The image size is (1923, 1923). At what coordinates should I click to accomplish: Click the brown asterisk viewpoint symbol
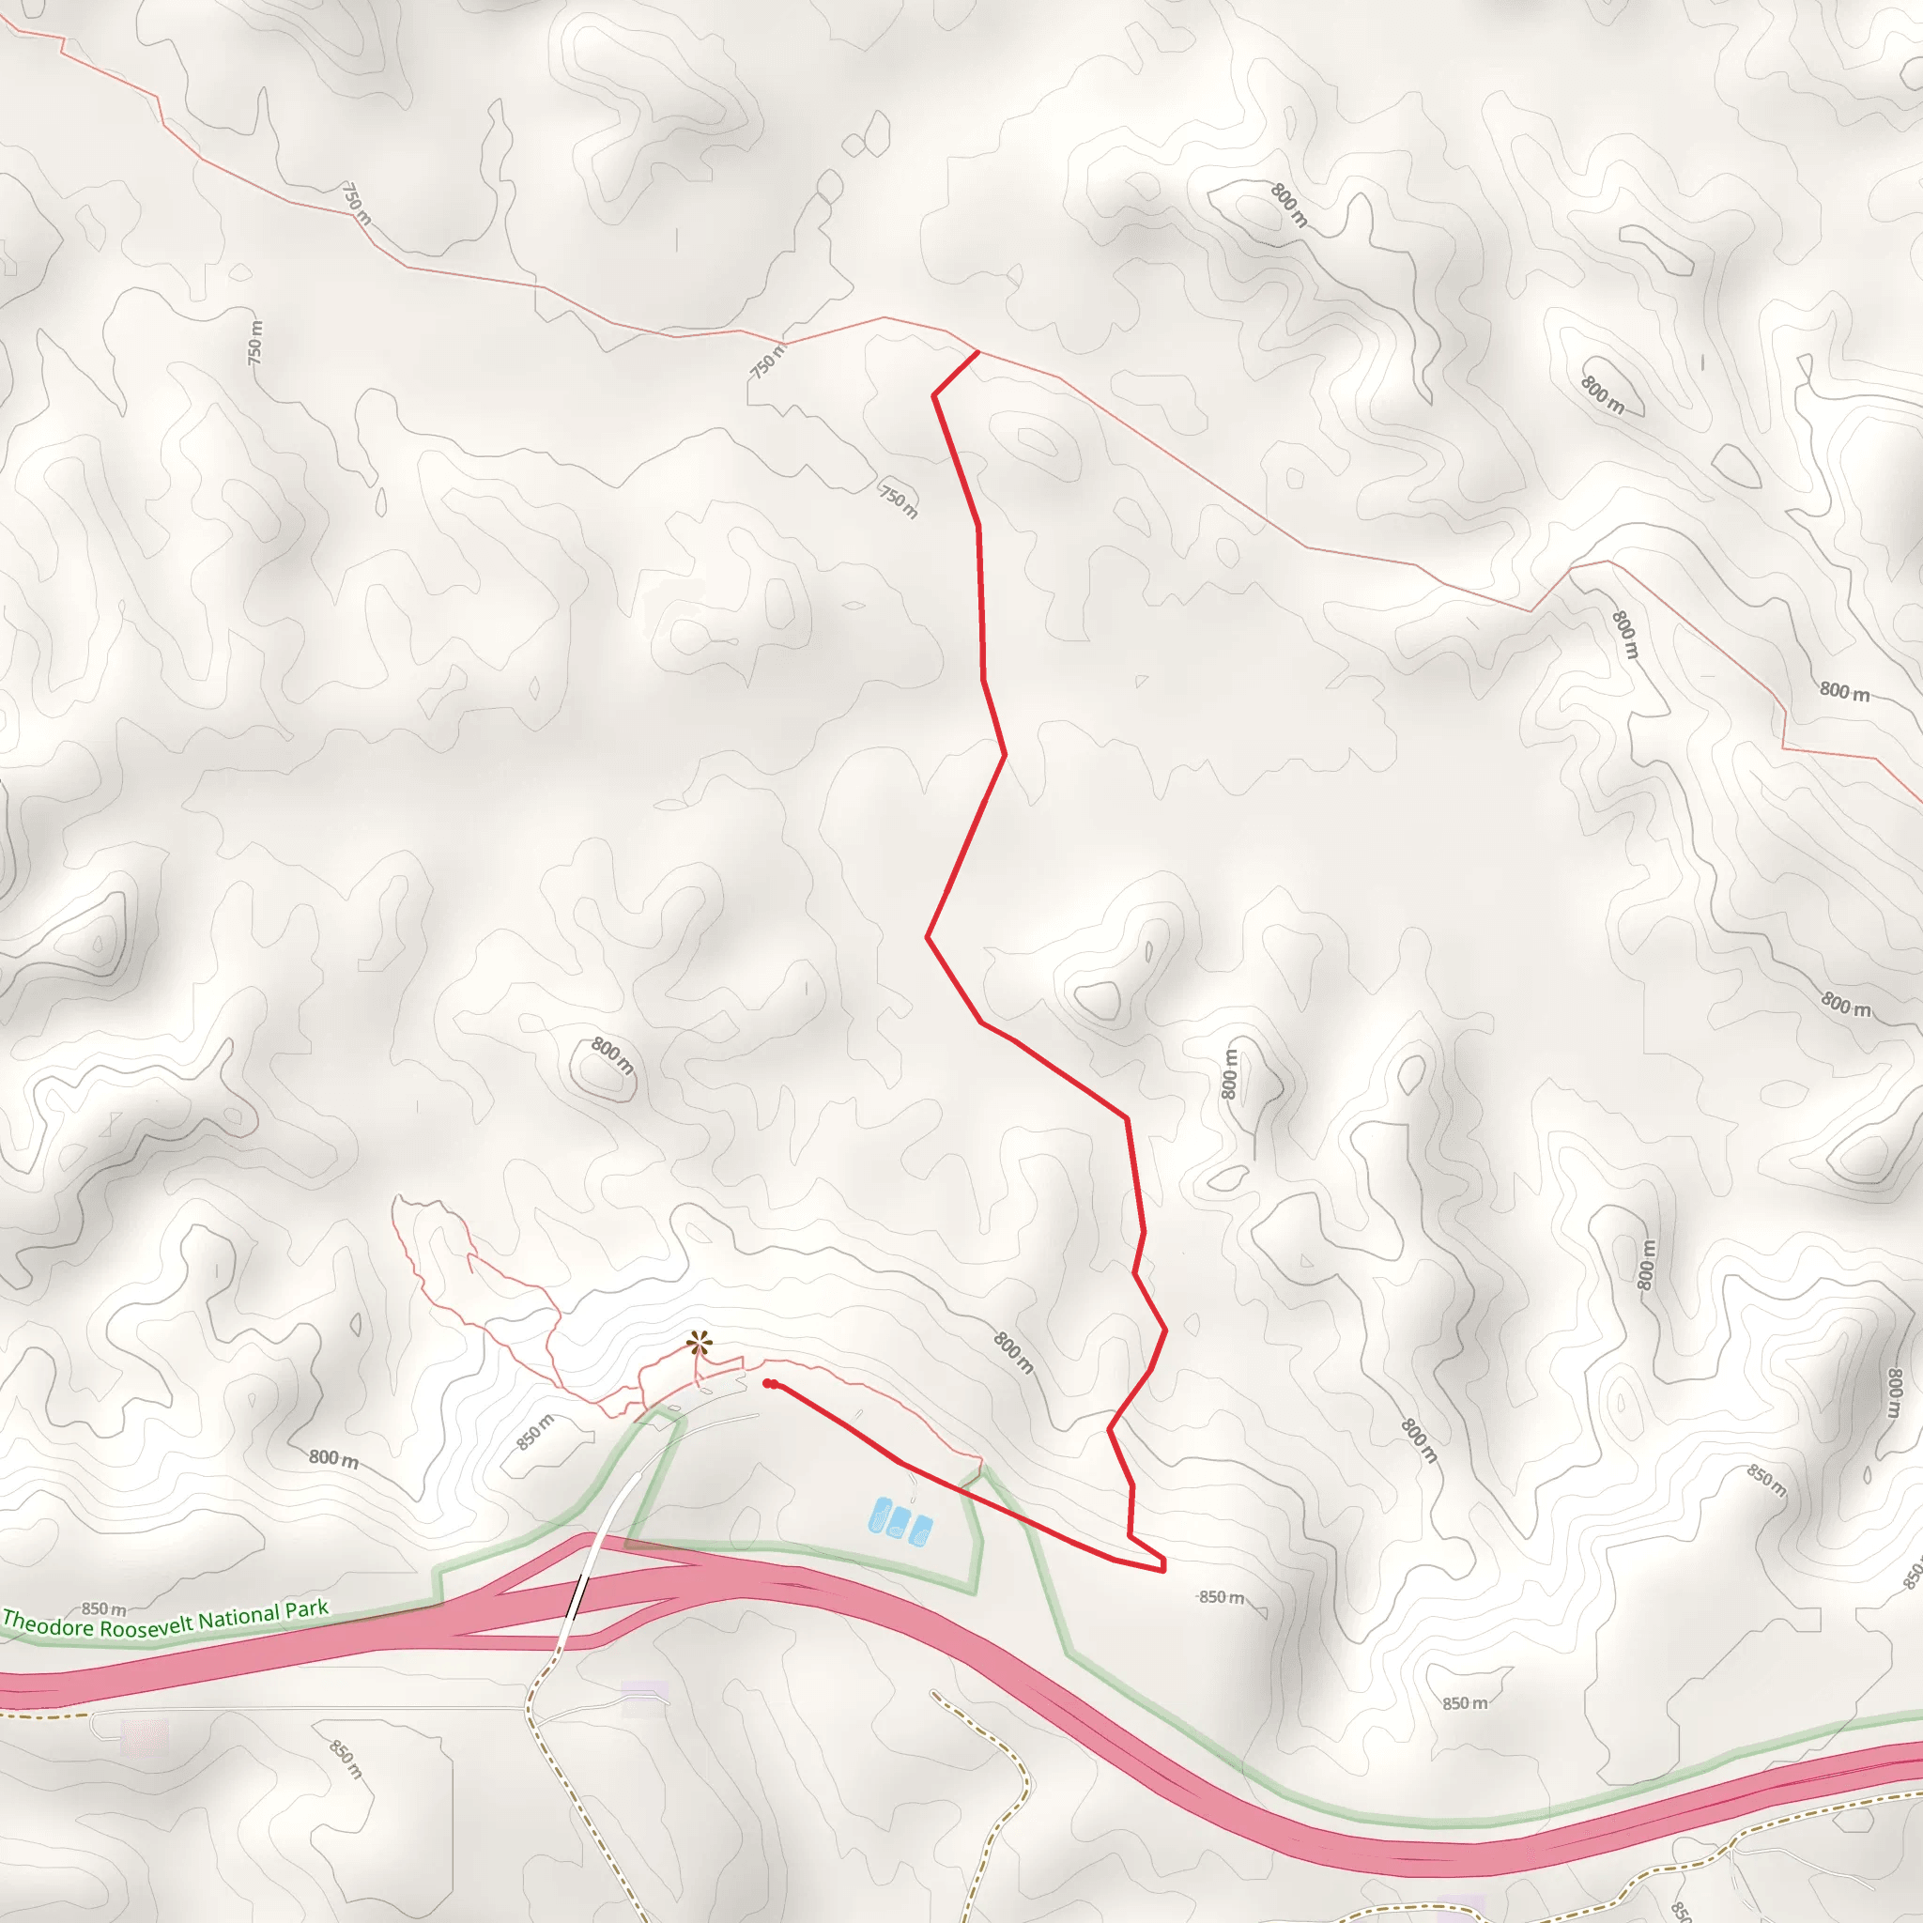pos(699,1346)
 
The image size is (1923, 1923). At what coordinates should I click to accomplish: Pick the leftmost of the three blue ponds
pos(880,1515)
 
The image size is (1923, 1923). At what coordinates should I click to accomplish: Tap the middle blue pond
pos(900,1521)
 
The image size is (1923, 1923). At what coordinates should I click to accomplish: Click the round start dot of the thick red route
pos(768,1382)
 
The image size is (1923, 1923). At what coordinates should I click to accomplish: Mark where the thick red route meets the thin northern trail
pos(977,351)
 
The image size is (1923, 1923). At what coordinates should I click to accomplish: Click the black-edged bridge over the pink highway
pos(577,1598)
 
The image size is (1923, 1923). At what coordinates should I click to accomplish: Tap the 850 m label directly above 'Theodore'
pos(103,1608)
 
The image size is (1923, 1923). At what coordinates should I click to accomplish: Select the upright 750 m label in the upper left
pos(255,342)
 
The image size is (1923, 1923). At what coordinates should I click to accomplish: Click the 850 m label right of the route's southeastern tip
pos(1222,1597)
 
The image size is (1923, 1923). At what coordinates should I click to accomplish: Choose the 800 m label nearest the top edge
pos(1289,205)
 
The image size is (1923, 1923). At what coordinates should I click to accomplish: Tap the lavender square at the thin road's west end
pos(145,1737)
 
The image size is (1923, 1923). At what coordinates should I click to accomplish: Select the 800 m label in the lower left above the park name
pos(332,1459)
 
